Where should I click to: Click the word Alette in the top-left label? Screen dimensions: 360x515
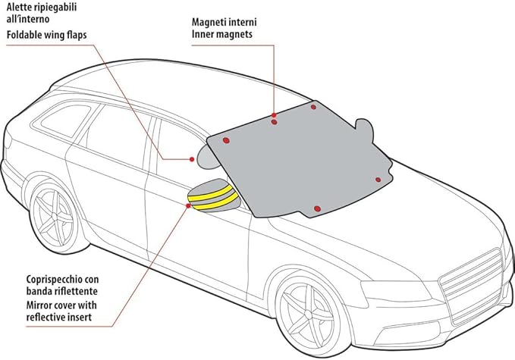click(x=20, y=7)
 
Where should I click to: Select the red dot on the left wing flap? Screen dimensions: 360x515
click(x=192, y=159)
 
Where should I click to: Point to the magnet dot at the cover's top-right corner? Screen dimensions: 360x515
click(x=313, y=107)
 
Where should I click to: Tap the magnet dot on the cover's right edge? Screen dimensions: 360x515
click(x=378, y=180)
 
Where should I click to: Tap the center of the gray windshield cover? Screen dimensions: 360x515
click(x=303, y=159)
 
